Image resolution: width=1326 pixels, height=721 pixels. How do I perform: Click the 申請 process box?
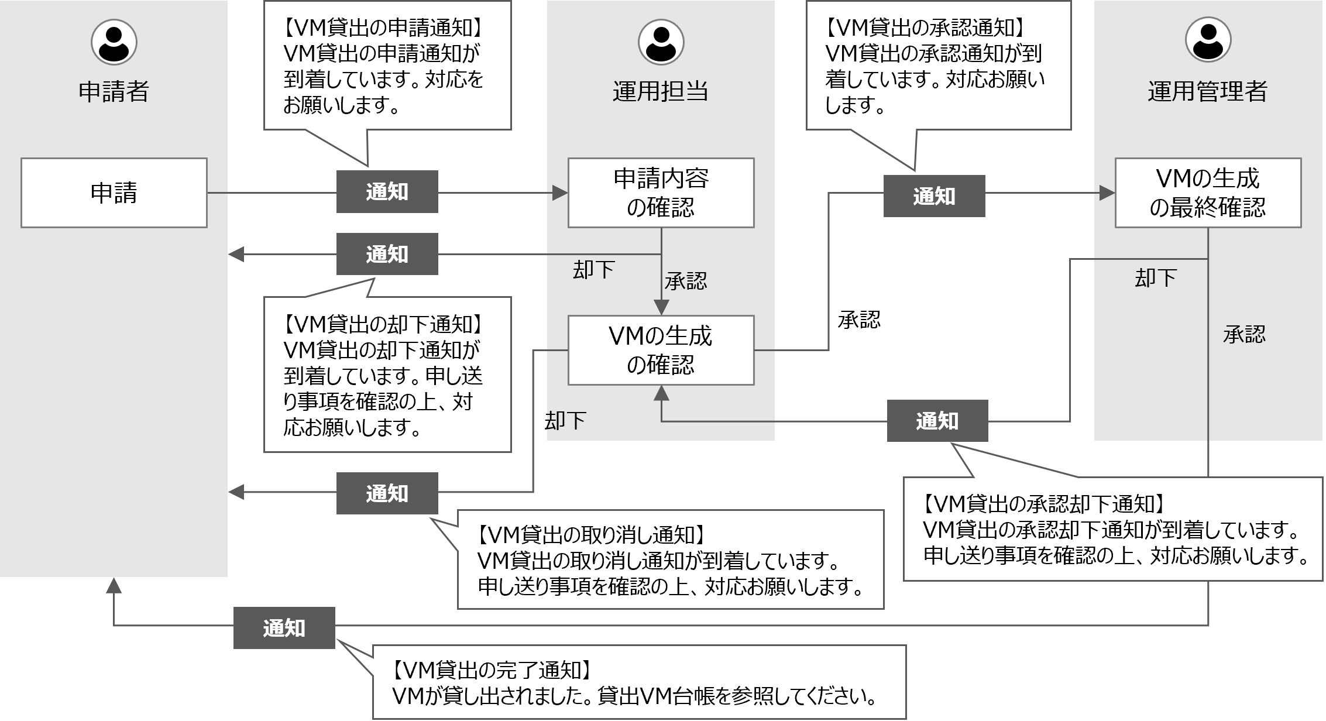coord(114,193)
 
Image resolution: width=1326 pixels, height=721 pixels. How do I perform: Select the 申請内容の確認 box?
coord(661,193)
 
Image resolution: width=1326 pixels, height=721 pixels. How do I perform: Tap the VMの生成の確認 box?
coord(661,350)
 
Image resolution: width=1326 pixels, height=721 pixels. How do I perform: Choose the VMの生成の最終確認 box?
coord(1208,193)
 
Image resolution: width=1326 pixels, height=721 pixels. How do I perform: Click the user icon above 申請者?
coord(114,42)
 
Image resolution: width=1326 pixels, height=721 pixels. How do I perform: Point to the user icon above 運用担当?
coord(661,42)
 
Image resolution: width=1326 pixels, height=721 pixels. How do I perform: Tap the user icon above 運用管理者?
coord(1208,42)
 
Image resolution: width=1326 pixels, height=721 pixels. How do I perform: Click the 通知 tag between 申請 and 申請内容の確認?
coord(387,192)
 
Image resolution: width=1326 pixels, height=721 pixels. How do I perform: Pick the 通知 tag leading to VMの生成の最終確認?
coord(934,196)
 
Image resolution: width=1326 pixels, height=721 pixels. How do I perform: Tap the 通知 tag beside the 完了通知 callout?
coord(284,628)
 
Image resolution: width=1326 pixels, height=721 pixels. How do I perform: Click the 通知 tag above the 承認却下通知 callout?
coord(937,421)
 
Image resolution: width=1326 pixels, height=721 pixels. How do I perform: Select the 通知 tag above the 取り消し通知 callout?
coord(387,493)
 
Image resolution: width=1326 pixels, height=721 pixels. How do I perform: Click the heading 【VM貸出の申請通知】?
coord(386,28)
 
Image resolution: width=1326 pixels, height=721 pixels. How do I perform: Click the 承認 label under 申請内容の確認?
coord(685,281)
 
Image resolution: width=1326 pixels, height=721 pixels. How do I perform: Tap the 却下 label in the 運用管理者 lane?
coord(1155,278)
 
